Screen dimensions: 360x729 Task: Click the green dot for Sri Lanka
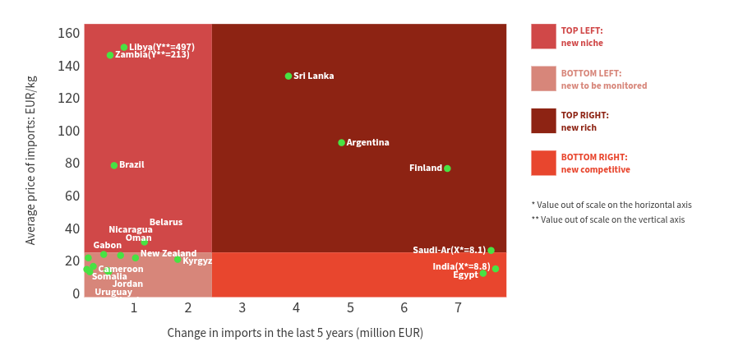click(288, 76)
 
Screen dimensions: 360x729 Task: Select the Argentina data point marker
click(342, 143)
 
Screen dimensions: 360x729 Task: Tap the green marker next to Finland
click(447, 168)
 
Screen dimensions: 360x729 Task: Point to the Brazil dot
click(114, 165)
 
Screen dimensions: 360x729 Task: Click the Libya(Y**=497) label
click(162, 48)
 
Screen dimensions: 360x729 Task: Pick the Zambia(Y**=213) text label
click(152, 55)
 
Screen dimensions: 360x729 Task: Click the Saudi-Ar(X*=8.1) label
click(449, 251)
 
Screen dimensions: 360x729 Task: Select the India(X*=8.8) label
click(461, 266)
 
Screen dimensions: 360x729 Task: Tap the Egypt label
click(465, 275)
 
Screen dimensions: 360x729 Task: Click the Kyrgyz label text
click(197, 261)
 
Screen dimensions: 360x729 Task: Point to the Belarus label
click(166, 222)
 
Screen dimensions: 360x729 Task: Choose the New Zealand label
click(168, 253)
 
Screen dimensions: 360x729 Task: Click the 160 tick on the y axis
click(70, 34)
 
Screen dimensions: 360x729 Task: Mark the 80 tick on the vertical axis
click(73, 164)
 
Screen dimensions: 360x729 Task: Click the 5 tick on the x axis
click(350, 308)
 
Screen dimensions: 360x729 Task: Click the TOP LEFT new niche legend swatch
click(543, 36)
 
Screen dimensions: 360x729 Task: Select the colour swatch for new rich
click(543, 121)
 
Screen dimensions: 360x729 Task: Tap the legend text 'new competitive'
click(595, 169)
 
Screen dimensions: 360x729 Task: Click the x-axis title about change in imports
click(295, 333)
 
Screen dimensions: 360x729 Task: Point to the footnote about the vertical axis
click(607, 219)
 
